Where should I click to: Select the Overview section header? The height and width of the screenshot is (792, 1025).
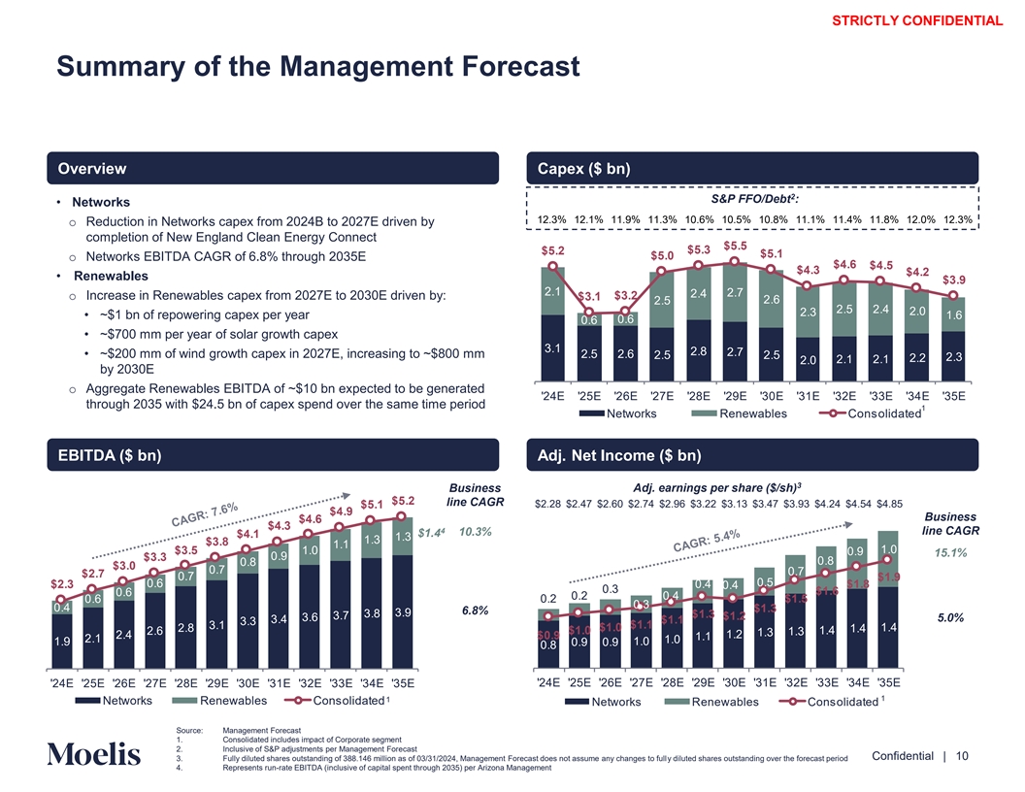pyautogui.click(x=92, y=169)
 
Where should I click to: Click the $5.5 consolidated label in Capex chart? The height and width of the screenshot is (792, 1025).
pyautogui.click(x=735, y=246)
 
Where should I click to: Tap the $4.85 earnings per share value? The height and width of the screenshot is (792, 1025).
pyautogui.click(x=885, y=504)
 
